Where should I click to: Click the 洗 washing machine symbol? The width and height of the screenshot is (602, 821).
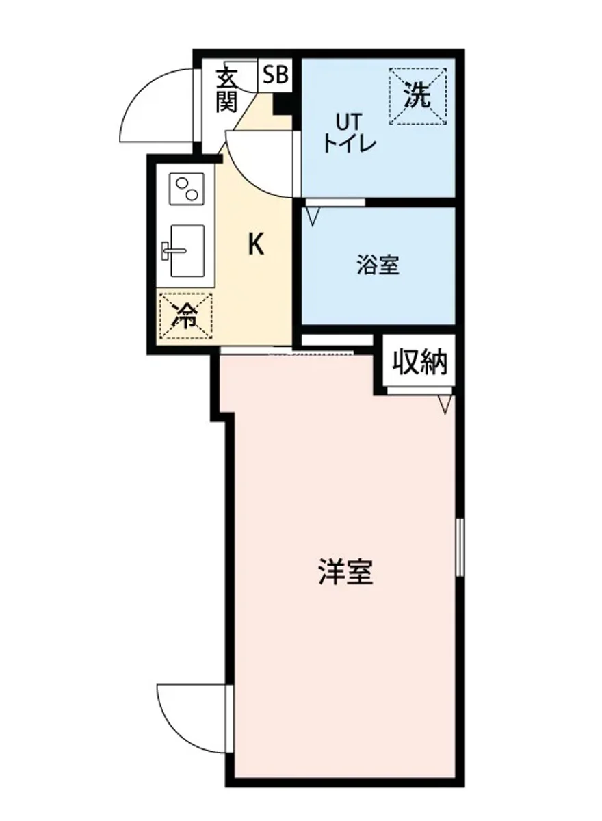pyautogui.click(x=417, y=96)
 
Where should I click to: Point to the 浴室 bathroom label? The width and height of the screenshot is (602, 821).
pyautogui.click(x=378, y=265)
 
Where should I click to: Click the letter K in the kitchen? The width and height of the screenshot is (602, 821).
pyautogui.click(x=255, y=244)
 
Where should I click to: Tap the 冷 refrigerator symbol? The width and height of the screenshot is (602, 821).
pyautogui.click(x=185, y=315)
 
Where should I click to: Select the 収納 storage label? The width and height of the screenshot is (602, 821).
pyautogui.click(x=419, y=363)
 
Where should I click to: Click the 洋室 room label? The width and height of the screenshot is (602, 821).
pyautogui.click(x=345, y=572)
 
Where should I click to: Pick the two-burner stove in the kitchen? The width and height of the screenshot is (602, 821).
pyautogui.click(x=186, y=188)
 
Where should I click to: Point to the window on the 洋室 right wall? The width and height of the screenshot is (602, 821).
pyautogui.click(x=460, y=547)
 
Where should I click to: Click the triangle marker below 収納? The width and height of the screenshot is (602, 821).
pyautogui.click(x=445, y=404)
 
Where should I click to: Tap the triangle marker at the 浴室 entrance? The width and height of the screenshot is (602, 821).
pyautogui.click(x=313, y=216)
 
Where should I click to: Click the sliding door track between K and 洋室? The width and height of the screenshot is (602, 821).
pyautogui.click(x=287, y=352)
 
